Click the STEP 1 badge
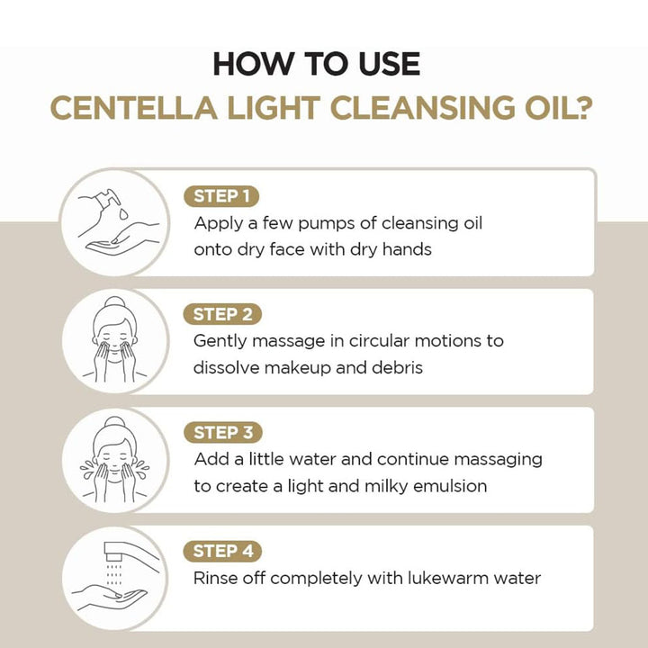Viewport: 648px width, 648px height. coord(221,196)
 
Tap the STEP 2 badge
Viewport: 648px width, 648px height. coord(222,314)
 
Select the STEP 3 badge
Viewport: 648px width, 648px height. coord(223,433)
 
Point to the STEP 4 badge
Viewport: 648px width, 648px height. coord(222,552)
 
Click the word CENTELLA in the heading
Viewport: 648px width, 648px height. coord(134,108)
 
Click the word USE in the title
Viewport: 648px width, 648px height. coord(389,64)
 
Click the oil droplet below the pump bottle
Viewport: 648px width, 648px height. coord(123,213)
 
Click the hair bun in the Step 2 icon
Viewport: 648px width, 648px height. coord(114,302)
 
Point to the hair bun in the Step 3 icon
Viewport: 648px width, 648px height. coord(114,422)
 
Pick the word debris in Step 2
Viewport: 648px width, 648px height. coord(397,367)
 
